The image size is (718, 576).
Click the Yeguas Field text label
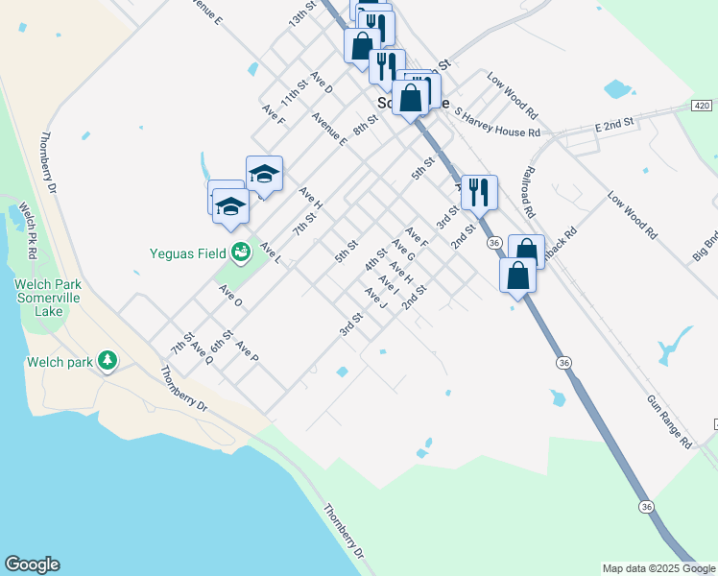[187, 254]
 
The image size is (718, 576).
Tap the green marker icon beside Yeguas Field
[240, 253]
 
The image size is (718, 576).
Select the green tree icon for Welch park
[109, 361]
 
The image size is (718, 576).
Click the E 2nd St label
[614, 124]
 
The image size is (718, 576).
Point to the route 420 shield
[702, 105]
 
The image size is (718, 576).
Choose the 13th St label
[302, 13]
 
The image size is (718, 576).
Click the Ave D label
[321, 83]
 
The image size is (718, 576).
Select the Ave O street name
[230, 295]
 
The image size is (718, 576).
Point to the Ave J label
[376, 299]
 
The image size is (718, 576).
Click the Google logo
[32, 564]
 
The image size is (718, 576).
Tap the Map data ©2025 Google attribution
[658, 568]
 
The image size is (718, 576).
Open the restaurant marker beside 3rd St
[478, 192]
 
